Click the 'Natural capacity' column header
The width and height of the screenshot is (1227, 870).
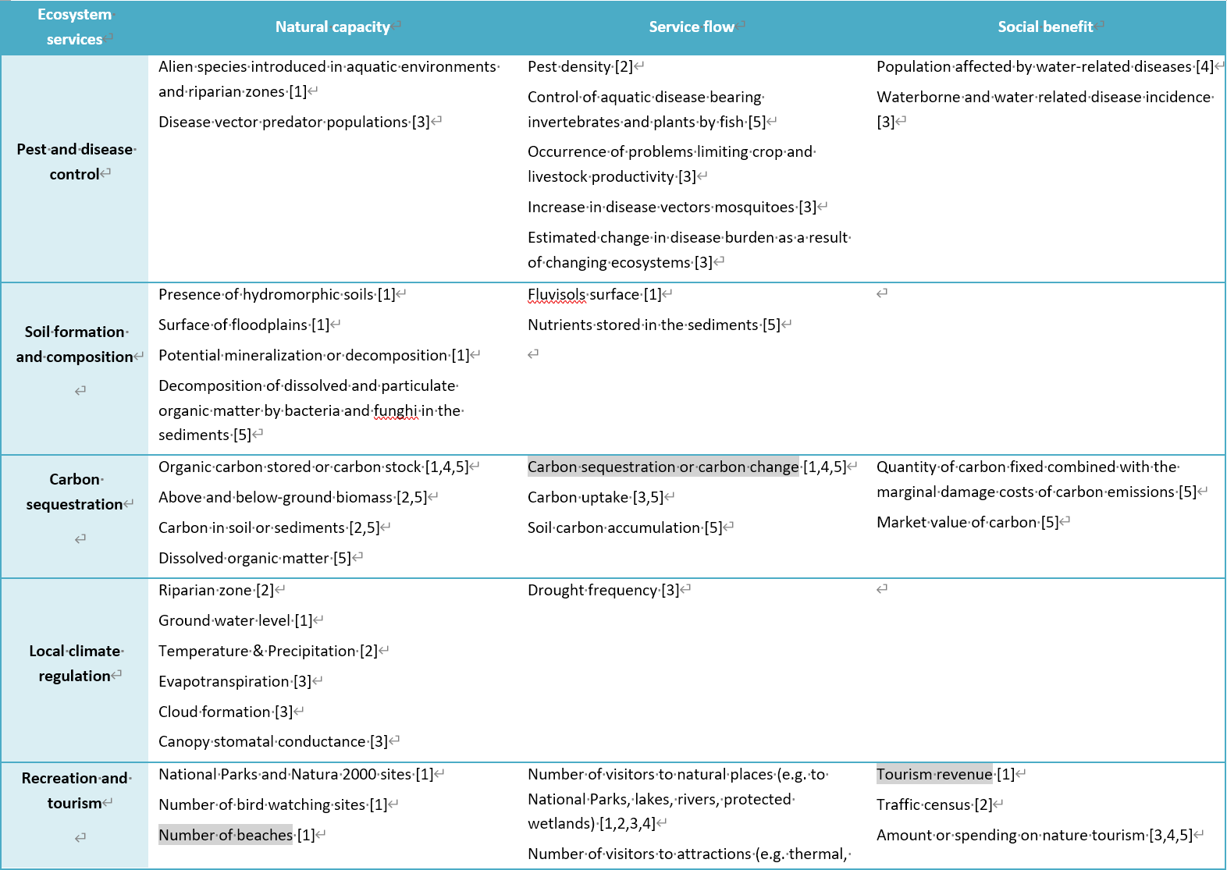pos(333,27)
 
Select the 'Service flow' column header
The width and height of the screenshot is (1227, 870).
pos(692,27)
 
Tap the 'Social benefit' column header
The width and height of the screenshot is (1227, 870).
pos(1045,27)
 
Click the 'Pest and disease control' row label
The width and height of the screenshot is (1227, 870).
pos(76,162)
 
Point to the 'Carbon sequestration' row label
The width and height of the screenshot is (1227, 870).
pos(75,492)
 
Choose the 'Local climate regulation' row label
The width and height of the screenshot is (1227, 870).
pos(76,663)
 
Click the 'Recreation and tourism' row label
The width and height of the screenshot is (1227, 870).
pos(76,790)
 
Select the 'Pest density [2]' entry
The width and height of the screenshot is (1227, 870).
pos(580,67)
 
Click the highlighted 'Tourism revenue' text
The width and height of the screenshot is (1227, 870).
pos(934,774)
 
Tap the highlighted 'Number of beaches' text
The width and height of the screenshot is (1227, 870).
pos(226,835)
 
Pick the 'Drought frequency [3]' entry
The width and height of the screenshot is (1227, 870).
pos(603,590)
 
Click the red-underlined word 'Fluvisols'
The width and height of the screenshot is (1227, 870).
pos(557,295)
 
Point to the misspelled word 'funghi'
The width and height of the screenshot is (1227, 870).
pos(396,411)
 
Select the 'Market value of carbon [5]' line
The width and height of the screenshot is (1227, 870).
pos(967,522)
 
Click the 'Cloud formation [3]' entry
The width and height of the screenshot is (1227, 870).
pos(226,712)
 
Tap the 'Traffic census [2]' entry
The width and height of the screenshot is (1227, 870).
pos(934,804)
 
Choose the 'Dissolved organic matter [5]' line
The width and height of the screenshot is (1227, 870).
pos(254,558)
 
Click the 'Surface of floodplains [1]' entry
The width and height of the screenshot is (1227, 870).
pos(244,325)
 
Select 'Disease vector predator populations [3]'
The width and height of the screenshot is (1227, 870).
pos(293,122)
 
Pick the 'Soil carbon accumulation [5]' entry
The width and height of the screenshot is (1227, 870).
pos(624,527)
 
